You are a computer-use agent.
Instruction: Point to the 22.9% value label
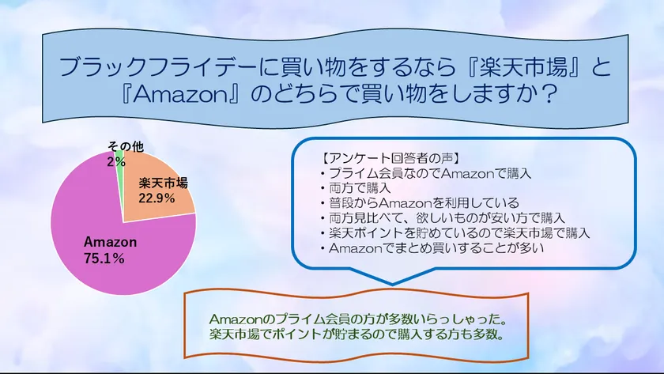pos(156,198)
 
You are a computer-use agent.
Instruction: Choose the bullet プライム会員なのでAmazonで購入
pos(426,172)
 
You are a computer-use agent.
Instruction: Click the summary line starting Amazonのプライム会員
pos(357,319)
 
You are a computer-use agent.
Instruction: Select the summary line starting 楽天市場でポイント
pos(357,334)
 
